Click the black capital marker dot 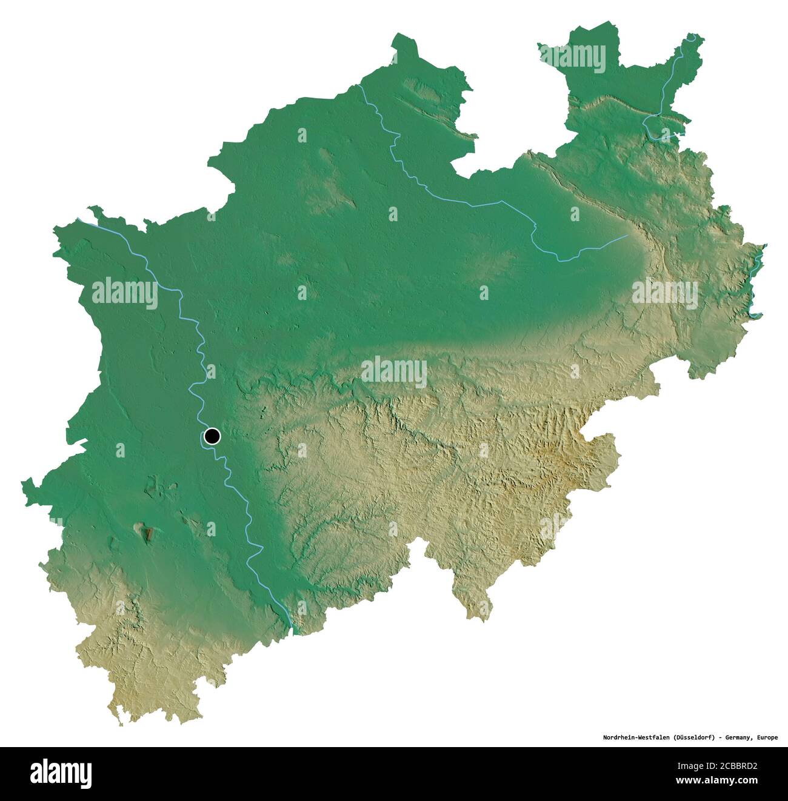point(212,436)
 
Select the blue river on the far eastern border point(755,285)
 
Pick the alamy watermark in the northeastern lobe point(573,58)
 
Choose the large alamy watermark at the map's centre point(394,373)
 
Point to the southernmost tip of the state point(121,724)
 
